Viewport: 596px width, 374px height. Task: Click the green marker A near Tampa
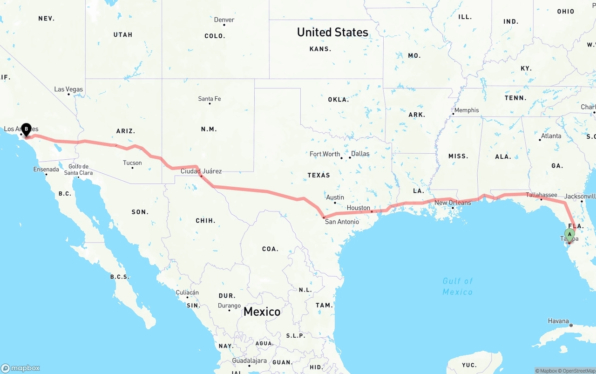[x=569, y=235]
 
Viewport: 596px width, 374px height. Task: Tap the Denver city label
[x=224, y=20]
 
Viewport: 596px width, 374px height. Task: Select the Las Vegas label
[x=68, y=89]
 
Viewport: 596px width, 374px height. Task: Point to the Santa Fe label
[x=210, y=99]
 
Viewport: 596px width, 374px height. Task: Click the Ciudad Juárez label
[x=201, y=171]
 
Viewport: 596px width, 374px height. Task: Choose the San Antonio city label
[x=342, y=222]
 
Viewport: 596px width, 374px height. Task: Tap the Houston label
[x=359, y=208]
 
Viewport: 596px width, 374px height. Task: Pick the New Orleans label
[x=453, y=203]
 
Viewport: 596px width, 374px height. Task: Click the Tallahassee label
[x=542, y=195]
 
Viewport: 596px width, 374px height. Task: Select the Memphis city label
[x=467, y=110]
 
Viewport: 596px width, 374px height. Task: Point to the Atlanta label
[x=551, y=136]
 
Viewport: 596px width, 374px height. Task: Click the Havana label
[x=558, y=321]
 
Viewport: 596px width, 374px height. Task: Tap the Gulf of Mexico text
[x=457, y=286]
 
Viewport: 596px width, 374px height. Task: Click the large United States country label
[x=332, y=32]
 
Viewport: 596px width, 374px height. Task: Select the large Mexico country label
[x=262, y=312]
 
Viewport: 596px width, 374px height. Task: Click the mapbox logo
[x=20, y=368]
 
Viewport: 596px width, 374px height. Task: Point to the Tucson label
[x=132, y=163]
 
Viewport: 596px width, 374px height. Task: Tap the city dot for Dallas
[x=350, y=157]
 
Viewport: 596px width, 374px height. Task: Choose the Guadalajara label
[x=249, y=360]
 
